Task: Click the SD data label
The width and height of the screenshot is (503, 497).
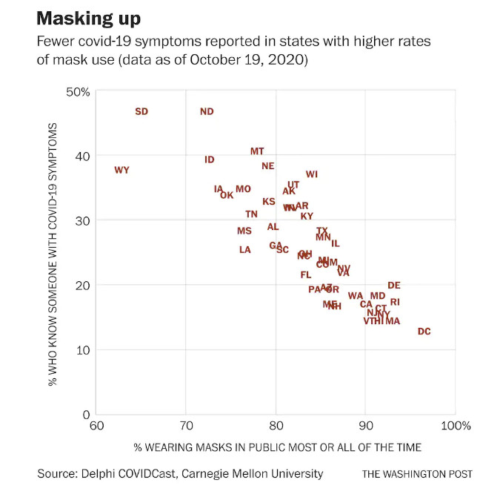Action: click(141, 111)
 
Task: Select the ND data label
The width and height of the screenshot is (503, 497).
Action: click(207, 111)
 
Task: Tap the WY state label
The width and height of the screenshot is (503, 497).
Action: click(121, 170)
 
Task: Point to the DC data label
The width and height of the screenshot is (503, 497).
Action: click(424, 332)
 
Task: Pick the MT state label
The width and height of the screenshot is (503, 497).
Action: click(257, 151)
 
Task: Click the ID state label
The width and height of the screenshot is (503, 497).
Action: click(210, 159)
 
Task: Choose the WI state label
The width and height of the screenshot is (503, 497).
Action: click(312, 174)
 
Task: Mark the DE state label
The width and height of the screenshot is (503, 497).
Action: click(394, 285)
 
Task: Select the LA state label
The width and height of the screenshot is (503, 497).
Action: click(245, 250)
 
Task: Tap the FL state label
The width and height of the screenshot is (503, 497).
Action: click(306, 274)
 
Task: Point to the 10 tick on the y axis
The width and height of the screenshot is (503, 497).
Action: click(82, 349)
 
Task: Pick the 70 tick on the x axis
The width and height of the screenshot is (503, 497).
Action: click(186, 426)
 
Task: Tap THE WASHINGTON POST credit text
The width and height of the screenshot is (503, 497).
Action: click(417, 474)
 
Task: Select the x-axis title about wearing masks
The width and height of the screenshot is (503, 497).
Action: click(277, 447)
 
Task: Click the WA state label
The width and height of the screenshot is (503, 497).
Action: click(356, 296)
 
